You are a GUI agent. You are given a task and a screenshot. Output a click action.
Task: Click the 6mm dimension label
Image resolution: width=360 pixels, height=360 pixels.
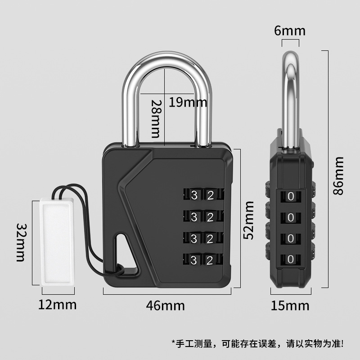point(290,31)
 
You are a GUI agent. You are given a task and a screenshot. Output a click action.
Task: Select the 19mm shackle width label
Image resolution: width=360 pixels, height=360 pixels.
point(188,103)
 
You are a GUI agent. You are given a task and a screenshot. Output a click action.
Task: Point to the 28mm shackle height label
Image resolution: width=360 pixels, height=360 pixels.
point(155,118)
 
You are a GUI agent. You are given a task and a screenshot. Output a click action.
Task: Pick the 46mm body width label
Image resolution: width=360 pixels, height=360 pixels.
point(165,306)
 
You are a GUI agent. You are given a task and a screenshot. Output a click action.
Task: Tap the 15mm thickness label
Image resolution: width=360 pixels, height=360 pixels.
point(290,306)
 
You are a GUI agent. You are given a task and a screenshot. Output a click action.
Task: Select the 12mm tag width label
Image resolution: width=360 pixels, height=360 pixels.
point(57,305)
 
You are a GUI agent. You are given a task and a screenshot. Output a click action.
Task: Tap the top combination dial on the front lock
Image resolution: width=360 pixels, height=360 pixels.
point(202,195)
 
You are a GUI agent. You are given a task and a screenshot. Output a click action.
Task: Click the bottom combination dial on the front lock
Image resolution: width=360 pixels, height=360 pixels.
point(202,260)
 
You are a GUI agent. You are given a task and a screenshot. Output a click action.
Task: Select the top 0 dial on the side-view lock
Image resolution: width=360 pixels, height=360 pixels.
point(291,197)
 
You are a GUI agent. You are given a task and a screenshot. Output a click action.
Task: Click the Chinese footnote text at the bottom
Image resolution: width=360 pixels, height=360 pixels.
point(257,344)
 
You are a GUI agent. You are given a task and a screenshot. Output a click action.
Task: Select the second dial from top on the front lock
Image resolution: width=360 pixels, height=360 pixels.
point(202,216)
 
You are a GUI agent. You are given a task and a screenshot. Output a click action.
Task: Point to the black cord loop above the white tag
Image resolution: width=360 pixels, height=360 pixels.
point(72,191)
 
